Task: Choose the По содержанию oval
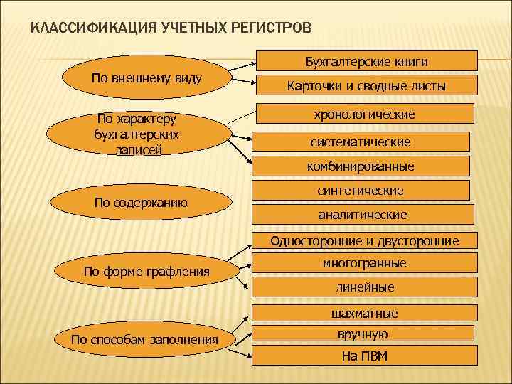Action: pyautogui.click(x=141, y=203)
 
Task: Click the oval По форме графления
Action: pyautogui.click(x=146, y=271)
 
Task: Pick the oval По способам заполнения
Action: pyautogui.click(x=144, y=339)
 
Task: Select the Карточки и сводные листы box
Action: pyautogui.click(x=366, y=86)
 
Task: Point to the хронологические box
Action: pyautogui.click(x=365, y=114)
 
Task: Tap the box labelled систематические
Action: pyautogui.click(x=360, y=142)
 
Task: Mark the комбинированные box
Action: pyautogui.click(x=360, y=166)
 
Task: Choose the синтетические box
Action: pyautogui.click(x=360, y=191)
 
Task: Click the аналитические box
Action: pyautogui.click(x=362, y=214)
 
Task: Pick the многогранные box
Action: pyautogui.click(x=365, y=263)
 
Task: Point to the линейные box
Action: pyautogui.click(x=365, y=287)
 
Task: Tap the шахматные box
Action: pyautogui.click(x=365, y=314)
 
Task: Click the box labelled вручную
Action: pyautogui.click(x=365, y=334)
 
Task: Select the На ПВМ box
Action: pyautogui.click(x=365, y=356)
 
